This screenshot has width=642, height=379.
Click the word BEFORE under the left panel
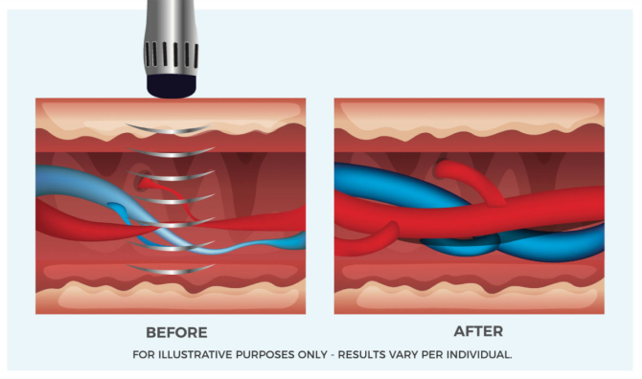point(176,332)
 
